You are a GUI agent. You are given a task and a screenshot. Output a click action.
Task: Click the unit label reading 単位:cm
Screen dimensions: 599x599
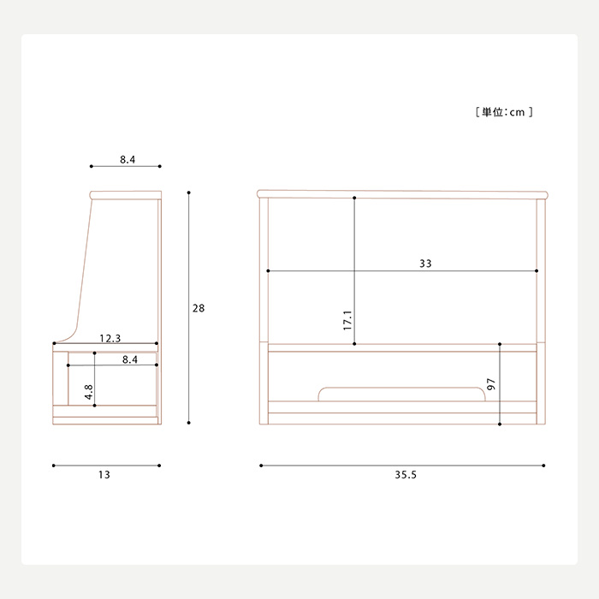click(x=503, y=112)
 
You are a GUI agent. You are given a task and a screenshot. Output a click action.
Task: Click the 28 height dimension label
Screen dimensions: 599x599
click(x=199, y=308)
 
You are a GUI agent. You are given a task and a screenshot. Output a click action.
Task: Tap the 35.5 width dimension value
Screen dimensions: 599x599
click(x=406, y=474)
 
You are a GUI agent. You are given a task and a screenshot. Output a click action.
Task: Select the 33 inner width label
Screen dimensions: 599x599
click(x=425, y=264)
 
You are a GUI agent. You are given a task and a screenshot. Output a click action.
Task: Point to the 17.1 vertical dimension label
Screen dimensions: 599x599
click(x=347, y=320)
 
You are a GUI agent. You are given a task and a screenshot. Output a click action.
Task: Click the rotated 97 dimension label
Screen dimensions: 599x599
click(x=491, y=384)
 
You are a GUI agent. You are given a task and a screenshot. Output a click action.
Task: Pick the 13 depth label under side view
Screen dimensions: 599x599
click(x=104, y=474)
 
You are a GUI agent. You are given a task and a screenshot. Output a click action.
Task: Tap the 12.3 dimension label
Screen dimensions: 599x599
click(x=110, y=338)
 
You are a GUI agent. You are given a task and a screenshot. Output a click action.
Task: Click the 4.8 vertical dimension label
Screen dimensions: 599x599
click(x=89, y=392)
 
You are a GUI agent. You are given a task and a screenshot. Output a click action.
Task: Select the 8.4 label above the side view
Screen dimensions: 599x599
click(x=128, y=159)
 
